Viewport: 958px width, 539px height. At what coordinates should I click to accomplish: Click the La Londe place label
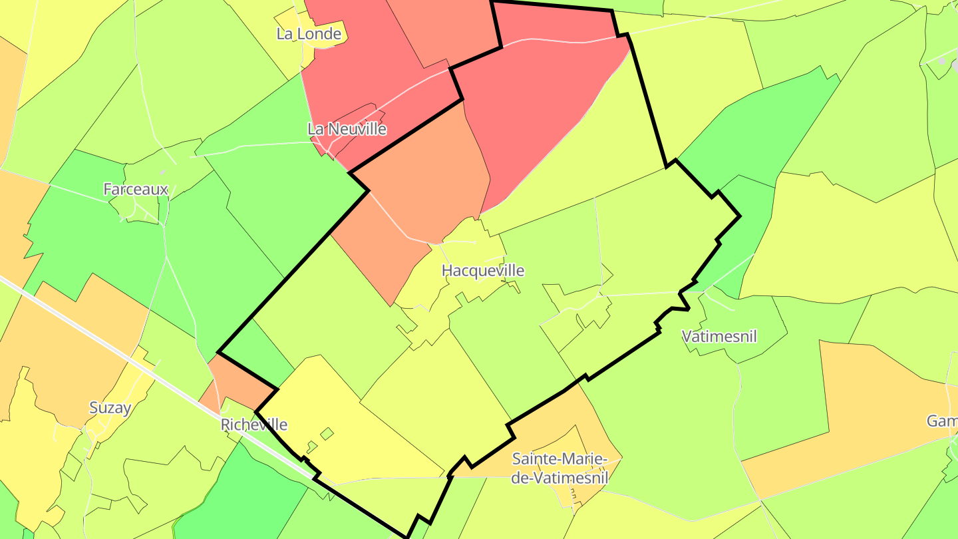click(309, 34)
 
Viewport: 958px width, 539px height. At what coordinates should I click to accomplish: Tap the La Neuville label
click(347, 129)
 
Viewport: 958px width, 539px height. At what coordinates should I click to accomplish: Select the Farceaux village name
click(136, 190)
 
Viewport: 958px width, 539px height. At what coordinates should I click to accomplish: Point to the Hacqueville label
click(483, 271)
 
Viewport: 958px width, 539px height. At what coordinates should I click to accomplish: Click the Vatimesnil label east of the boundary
click(720, 337)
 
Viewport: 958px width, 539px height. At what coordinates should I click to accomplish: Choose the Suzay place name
click(110, 408)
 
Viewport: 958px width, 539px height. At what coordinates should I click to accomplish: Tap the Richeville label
click(254, 425)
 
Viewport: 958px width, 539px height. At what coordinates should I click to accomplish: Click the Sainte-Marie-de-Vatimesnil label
click(560, 468)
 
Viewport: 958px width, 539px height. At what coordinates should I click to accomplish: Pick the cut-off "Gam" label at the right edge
click(942, 421)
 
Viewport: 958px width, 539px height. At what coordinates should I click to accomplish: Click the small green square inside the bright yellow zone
click(327, 434)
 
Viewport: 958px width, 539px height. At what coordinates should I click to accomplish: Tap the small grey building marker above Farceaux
click(162, 172)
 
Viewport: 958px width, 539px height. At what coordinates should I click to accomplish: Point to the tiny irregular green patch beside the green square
click(311, 447)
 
